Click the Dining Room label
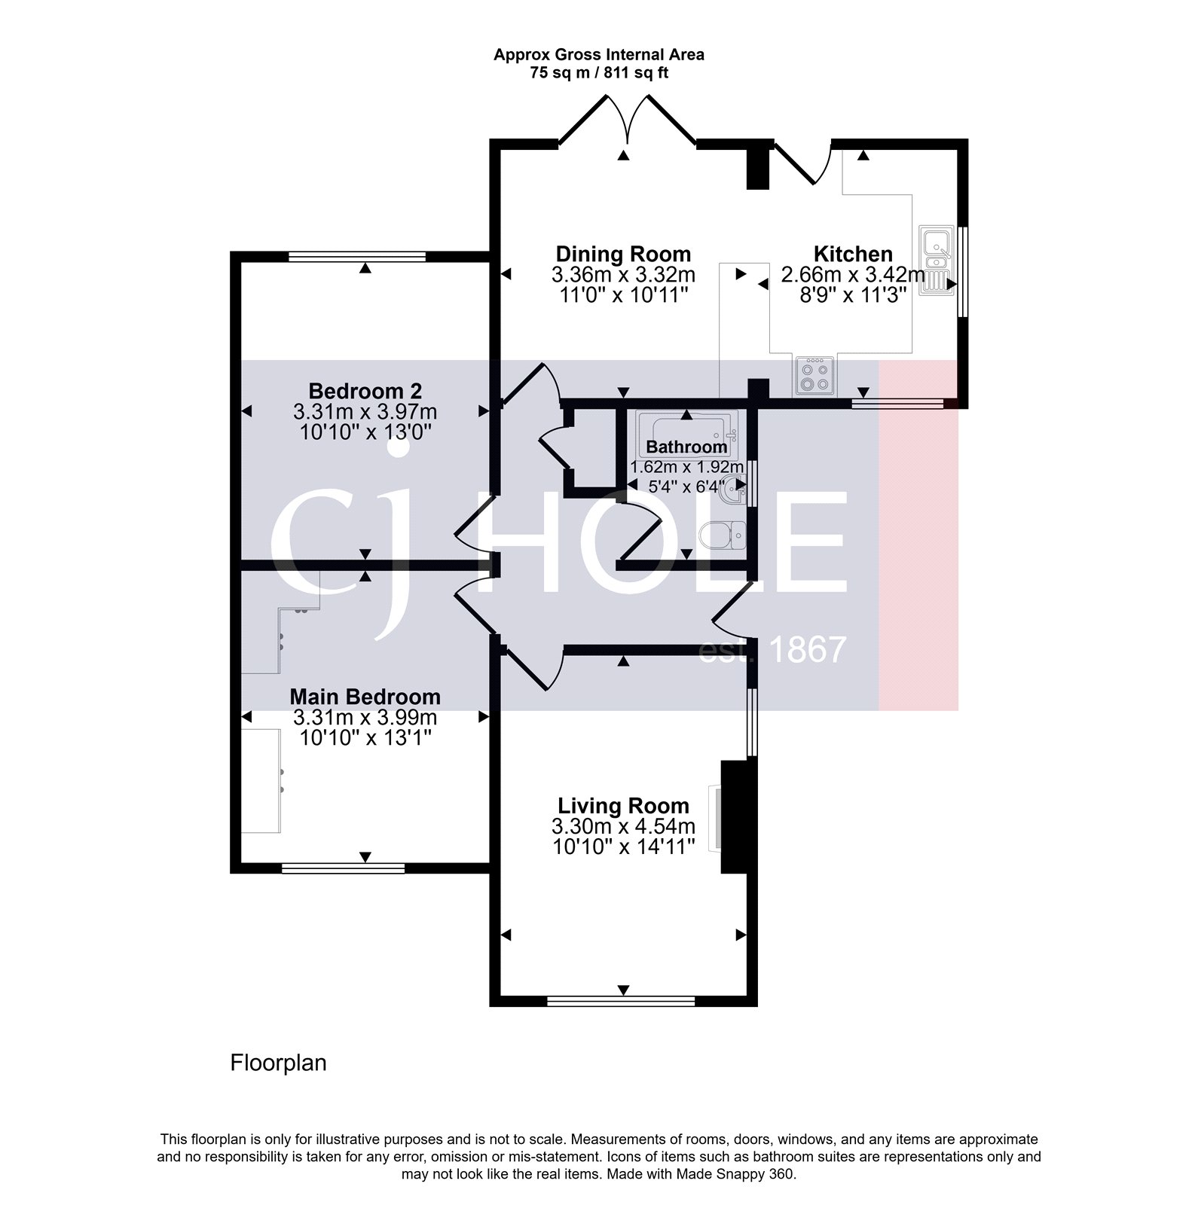click(x=623, y=254)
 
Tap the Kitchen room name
click(x=853, y=254)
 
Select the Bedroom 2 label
click(x=365, y=392)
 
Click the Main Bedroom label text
click(x=365, y=697)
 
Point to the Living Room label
click(x=623, y=807)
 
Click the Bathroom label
click(x=686, y=447)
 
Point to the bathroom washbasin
click(x=733, y=493)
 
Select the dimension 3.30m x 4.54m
click(x=623, y=827)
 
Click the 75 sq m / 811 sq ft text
click(x=599, y=74)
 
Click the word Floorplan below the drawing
click(x=278, y=1063)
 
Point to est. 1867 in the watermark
click(x=772, y=650)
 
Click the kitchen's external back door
click(x=802, y=163)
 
